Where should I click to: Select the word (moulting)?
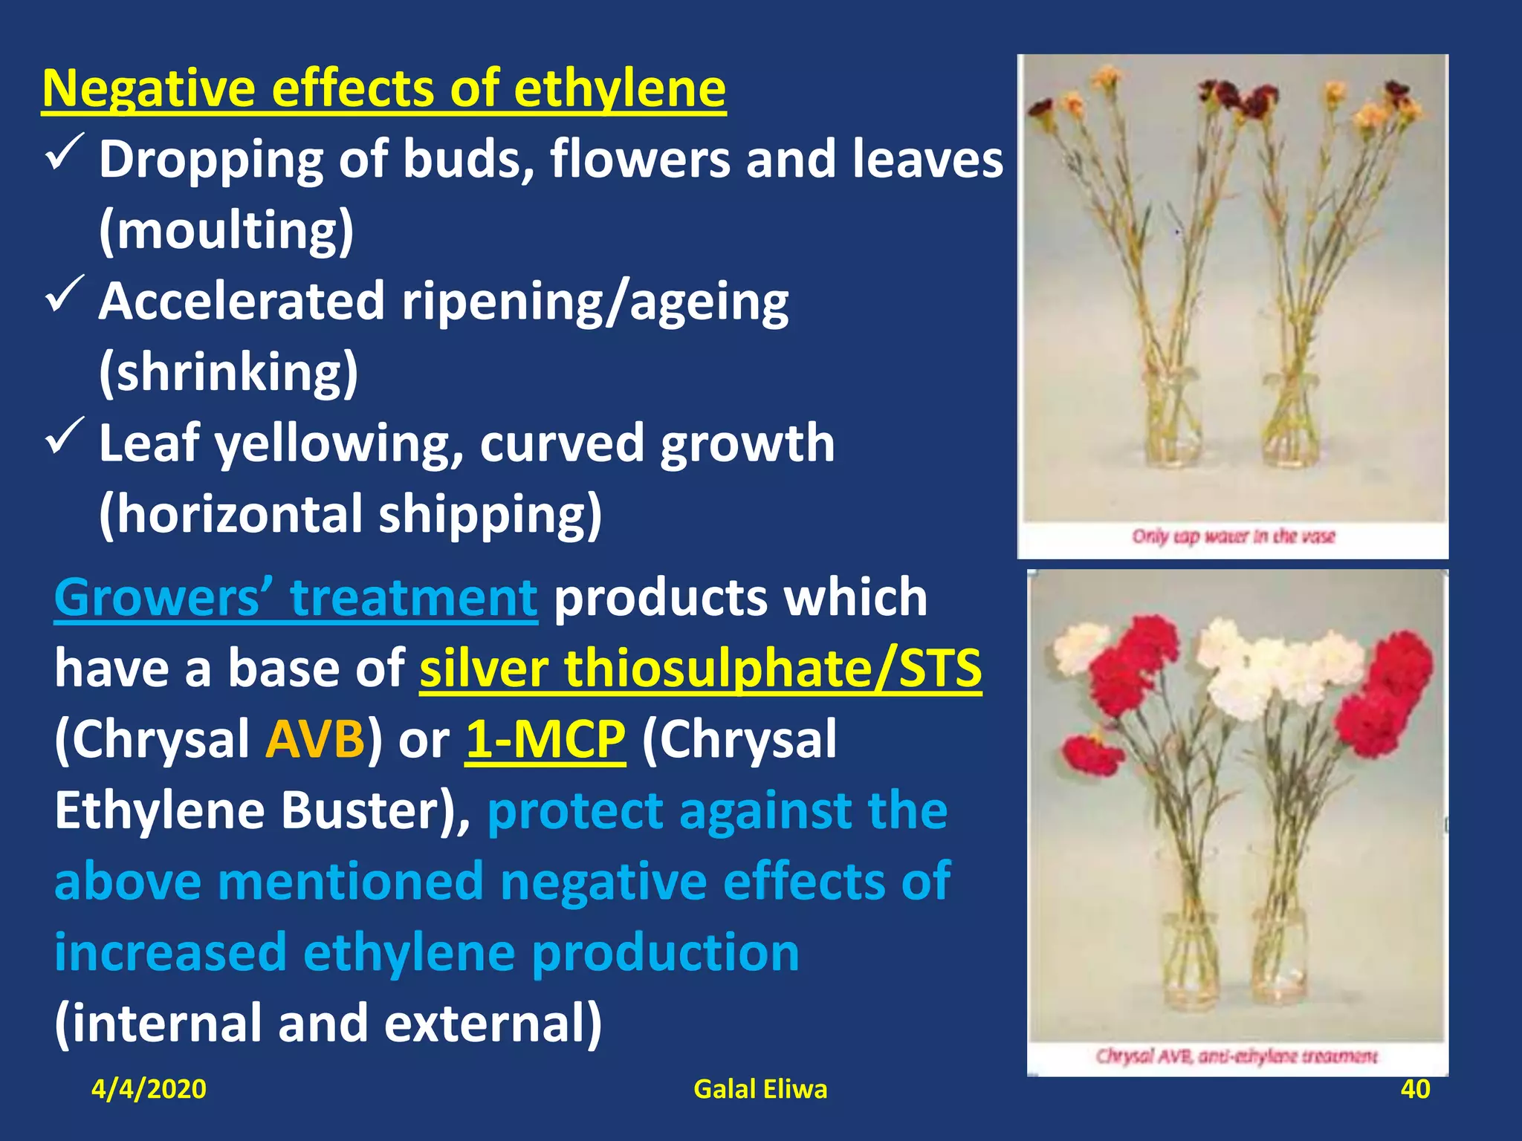[x=227, y=230]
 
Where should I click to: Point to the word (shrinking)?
[x=229, y=372]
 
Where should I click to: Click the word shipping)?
[x=490, y=514]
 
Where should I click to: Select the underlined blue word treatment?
[x=414, y=597]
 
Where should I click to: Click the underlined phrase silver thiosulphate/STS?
[x=700, y=669]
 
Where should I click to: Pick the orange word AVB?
[x=315, y=739]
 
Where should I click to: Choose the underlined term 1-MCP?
[x=545, y=739]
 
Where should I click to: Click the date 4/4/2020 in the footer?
[x=149, y=1089]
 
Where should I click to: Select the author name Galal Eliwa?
[x=760, y=1089]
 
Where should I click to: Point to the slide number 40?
[x=1415, y=1089]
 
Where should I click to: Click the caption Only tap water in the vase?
[x=1234, y=536]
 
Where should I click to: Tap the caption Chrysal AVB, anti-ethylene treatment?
[x=1237, y=1056]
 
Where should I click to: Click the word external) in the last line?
[x=493, y=1024]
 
